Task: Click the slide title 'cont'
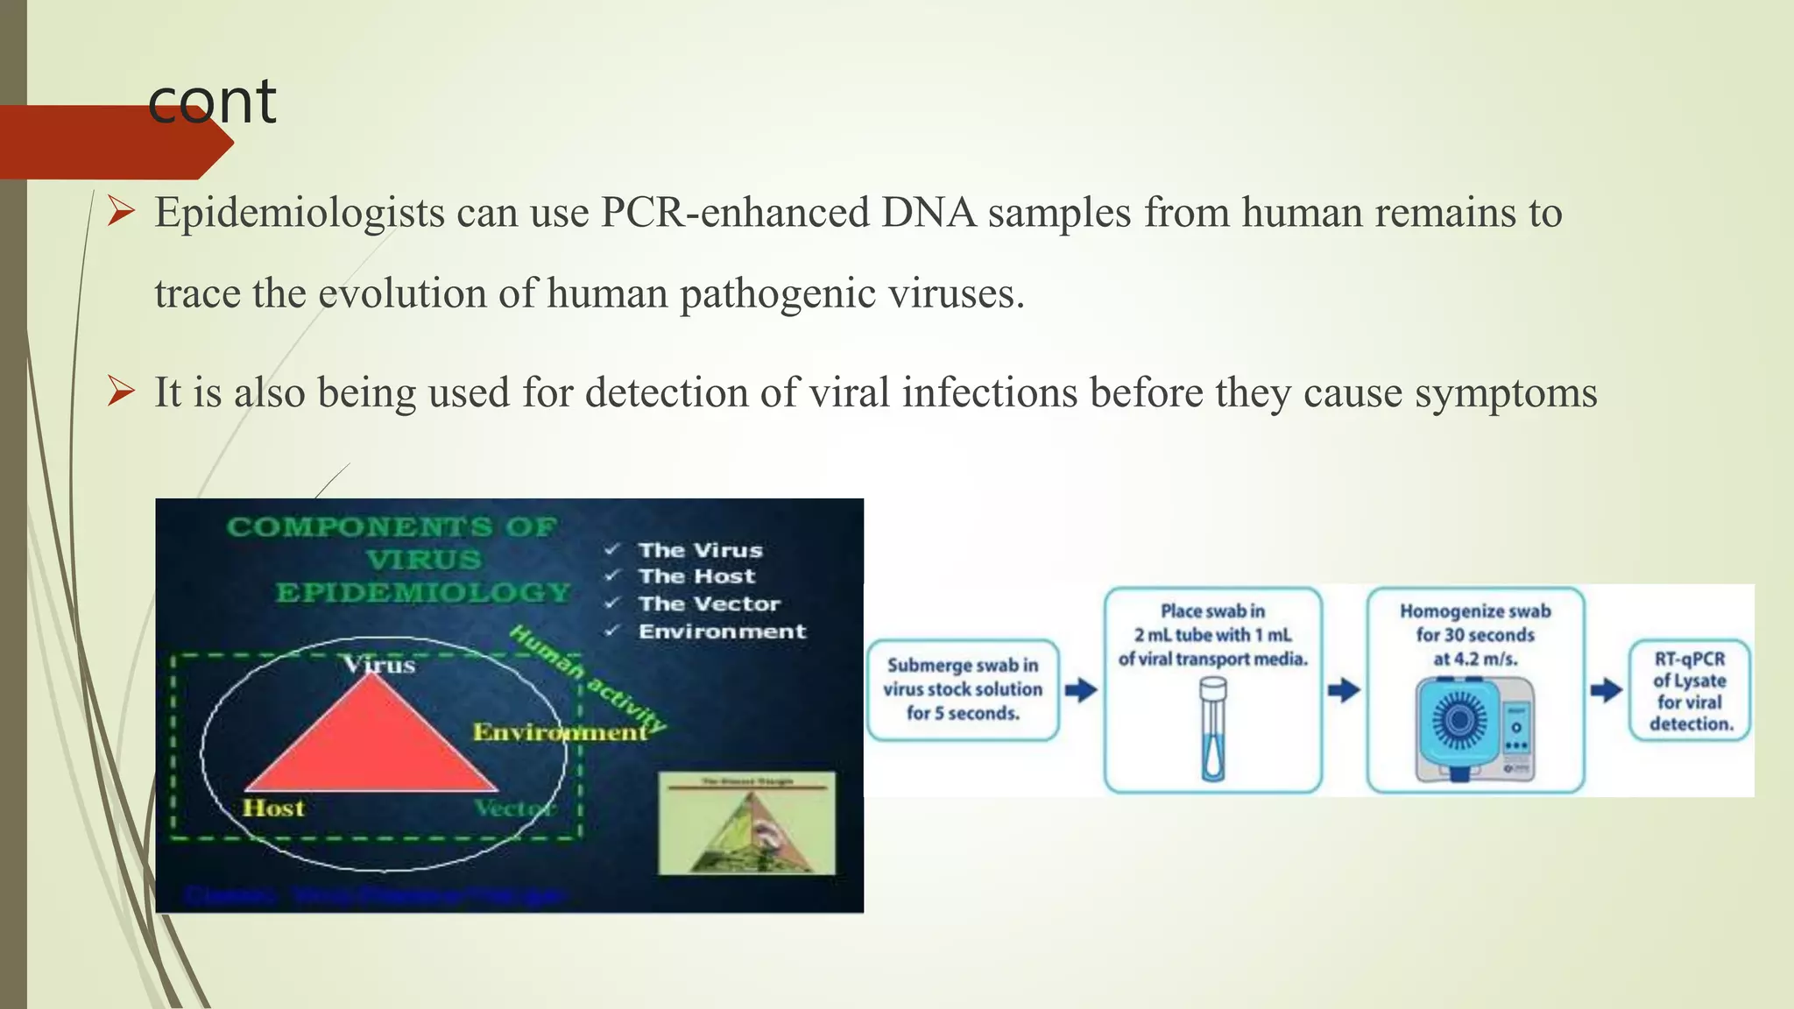pyautogui.click(x=212, y=102)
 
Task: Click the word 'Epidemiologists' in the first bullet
pyautogui.click(x=300, y=213)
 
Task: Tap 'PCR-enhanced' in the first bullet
pyautogui.click(x=734, y=213)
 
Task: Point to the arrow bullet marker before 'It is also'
pyautogui.click(x=120, y=392)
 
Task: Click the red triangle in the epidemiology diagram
pyautogui.click(x=372, y=744)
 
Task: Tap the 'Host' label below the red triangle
pyautogui.click(x=273, y=808)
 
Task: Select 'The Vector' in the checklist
pyautogui.click(x=709, y=603)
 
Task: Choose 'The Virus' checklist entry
pyautogui.click(x=700, y=550)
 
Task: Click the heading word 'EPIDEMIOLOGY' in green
pyautogui.click(x=423, y=593)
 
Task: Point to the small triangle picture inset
pyautogui.click(x=746, y=823)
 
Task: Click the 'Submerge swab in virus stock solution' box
pyautogui.click(x=963, y=689)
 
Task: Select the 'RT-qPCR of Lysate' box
pyautogui.click(x=1689, y=690)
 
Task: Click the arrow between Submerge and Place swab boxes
pyautogui.click(x=1081, y=690)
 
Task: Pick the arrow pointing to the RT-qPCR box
pyautogui.click(x=1606, y=690)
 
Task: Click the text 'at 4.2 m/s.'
pyautogui.click(x=1475, y=659)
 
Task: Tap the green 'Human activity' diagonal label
pyautogui.click(x=587, y=679)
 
